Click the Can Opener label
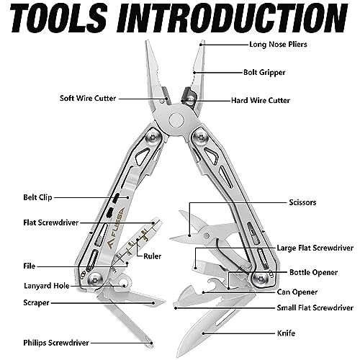tap(297, 292)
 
